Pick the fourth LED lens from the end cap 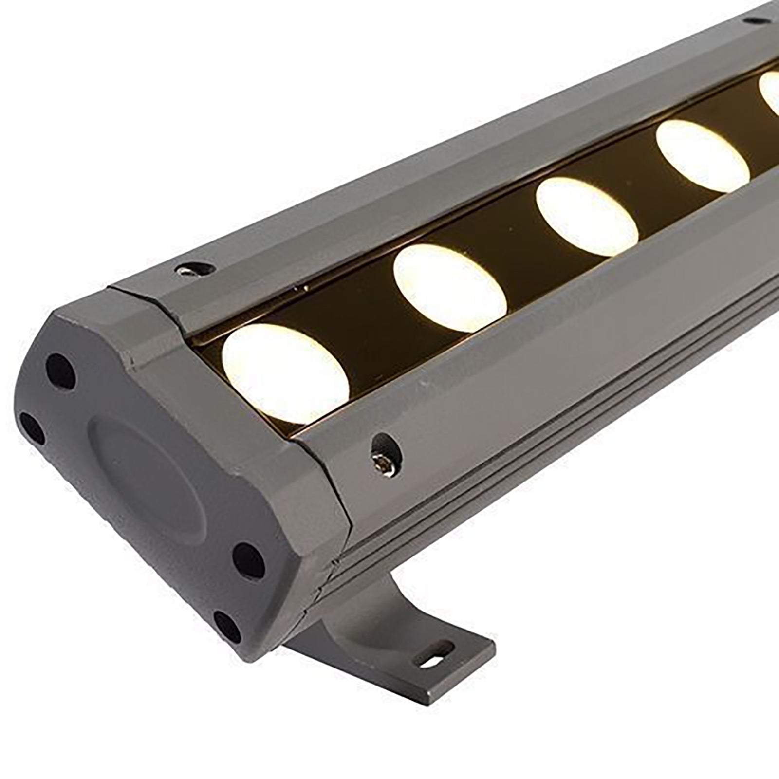click(x=702, y=156)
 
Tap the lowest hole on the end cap click(x=228, y=626)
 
